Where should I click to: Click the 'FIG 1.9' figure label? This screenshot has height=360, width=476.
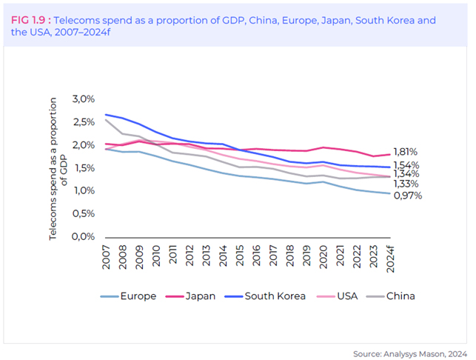point(28,20)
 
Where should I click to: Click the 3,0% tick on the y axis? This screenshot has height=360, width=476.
point(84,99)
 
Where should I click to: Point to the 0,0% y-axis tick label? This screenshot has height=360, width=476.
point(84,236)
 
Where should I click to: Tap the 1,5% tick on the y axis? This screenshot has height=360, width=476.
point(84,167)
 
